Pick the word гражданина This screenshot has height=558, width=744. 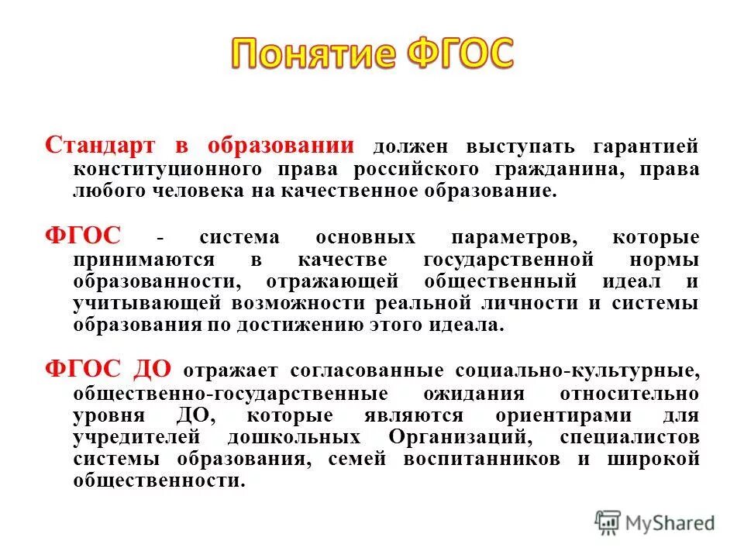[576, 169]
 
